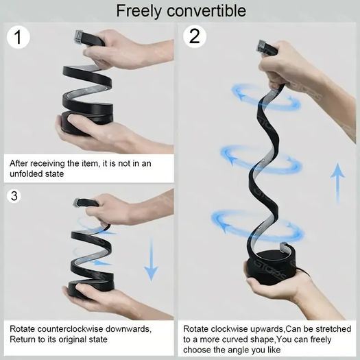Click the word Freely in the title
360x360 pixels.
139,12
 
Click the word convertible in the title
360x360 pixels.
206,10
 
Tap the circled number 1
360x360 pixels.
19,37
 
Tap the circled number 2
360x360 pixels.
195,36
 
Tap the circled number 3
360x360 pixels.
14,195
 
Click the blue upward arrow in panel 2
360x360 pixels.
337,183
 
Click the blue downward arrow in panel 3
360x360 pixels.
151,259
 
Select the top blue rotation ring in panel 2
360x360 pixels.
266,97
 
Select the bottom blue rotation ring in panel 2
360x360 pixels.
258,226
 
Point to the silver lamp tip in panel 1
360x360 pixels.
79,37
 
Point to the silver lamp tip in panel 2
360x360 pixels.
262,47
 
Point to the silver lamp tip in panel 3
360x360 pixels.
76,203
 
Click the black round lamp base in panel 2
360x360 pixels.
270,267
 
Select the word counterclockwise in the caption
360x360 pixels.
70,329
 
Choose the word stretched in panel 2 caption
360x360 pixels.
333,329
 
